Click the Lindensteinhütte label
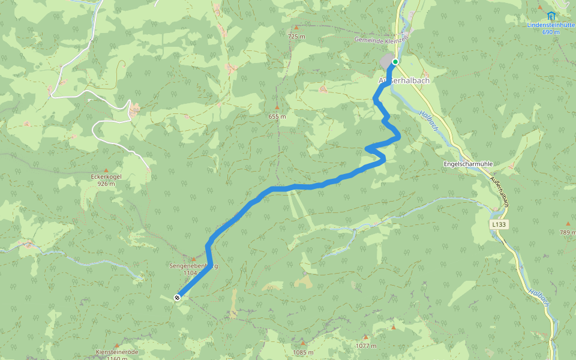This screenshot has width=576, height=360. coord(551,25)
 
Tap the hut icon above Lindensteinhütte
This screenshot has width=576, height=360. coord(551,16)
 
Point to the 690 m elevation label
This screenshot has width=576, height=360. coord(551,32)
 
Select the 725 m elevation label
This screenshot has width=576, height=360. coord(296,37)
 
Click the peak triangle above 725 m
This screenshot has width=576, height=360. coord(296,28)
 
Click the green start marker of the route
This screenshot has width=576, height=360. coord(395,62)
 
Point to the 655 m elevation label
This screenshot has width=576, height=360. coord(278,116)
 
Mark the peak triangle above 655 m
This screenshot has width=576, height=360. coord(277,107)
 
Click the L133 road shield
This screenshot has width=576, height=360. coord(498,224)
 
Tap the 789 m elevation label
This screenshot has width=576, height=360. coord(568,232)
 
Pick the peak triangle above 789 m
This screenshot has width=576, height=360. coord(568,224)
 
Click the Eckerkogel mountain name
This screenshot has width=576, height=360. coord(106,177)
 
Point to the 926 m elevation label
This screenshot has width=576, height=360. coord(106,184)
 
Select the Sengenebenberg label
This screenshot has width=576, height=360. coord(193,266)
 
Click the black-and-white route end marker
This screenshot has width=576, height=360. coord(178,297)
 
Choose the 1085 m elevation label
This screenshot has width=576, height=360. coord(304,352)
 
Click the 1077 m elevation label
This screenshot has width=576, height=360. coord(365,346)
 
